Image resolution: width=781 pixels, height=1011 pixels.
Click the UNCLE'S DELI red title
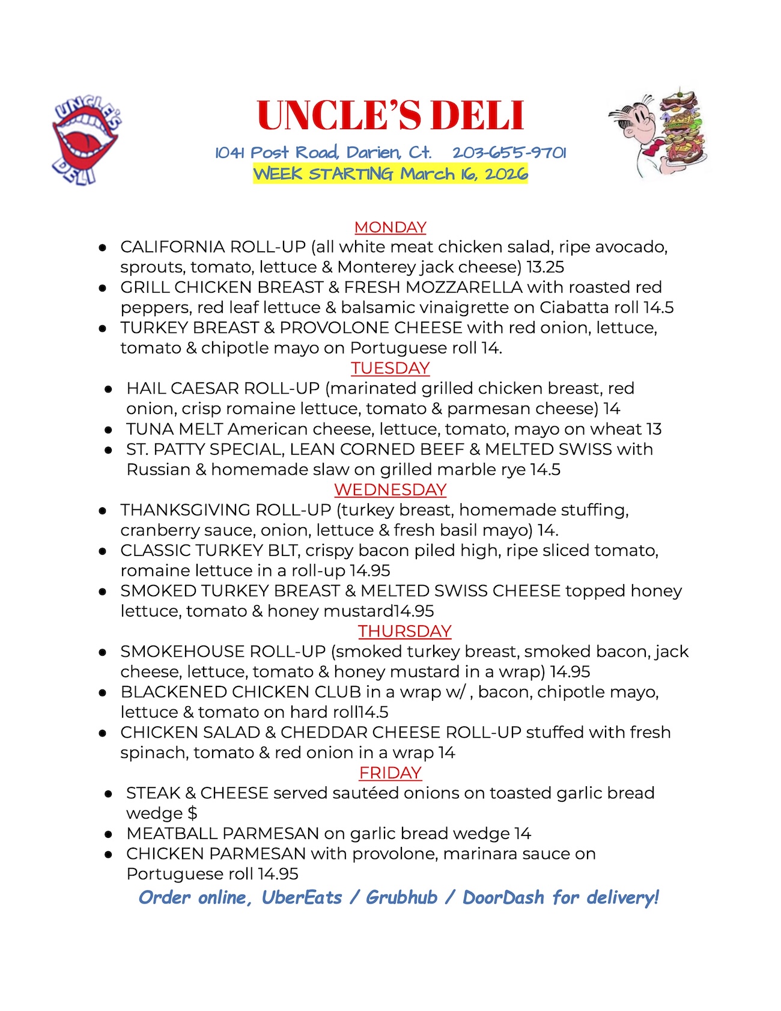(390, 115)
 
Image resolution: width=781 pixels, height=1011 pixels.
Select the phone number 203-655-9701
(509, 153)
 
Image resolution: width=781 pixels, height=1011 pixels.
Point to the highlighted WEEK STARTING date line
(390, 174)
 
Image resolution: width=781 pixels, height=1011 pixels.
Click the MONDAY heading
(390, 227)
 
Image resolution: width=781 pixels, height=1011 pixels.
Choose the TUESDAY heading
(390, 368)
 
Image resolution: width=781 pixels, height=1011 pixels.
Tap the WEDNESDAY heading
(390, 490)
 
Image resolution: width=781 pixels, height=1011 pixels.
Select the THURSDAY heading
(404, 631)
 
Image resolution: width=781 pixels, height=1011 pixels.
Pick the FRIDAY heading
(390, 772)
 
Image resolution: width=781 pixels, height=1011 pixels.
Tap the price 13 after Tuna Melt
(654, 429)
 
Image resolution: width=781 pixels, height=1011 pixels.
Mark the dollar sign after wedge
(192, 813)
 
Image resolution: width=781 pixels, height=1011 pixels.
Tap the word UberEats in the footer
(302, 897)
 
